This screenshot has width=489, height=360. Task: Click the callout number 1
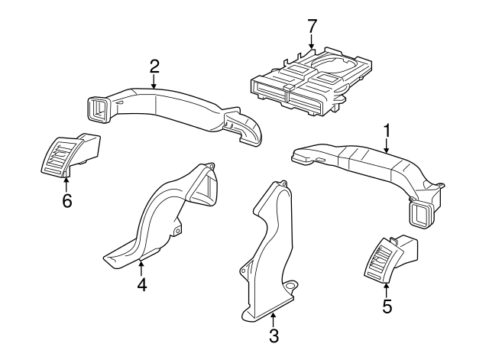tap(387, 131)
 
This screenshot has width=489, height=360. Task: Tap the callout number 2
tap(154, 66)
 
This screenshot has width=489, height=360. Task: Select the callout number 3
tap(274, 336)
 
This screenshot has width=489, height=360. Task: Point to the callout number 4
tap(142, 284)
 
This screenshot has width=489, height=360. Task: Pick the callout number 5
tap(387, 306)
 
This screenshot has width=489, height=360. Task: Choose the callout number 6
tap(67, 200)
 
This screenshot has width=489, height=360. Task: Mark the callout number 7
tap(313, 26)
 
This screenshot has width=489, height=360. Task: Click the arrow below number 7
tap(312, 42)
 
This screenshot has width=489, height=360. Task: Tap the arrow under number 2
tap(154, 82)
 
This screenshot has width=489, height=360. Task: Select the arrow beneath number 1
tap(387, 146)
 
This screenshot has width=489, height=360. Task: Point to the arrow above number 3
tap(273, 319)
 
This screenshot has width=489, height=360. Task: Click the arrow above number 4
tap(141, 269)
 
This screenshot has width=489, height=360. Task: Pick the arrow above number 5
tap(387, 290)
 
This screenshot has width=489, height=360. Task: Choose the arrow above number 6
tap(66, 184)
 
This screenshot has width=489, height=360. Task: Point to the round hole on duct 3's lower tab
tap(290, 286)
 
